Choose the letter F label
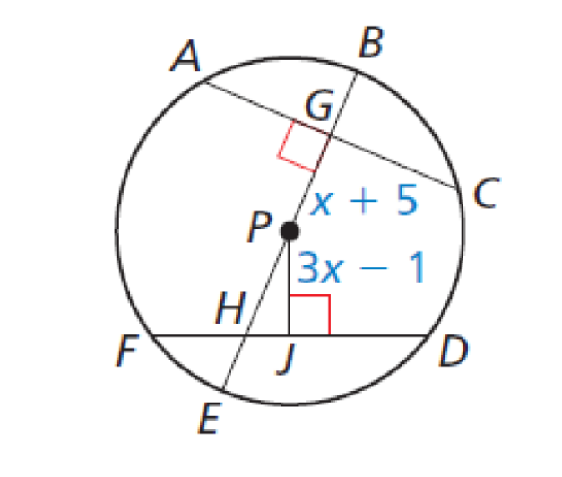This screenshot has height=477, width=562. (x=125, y=352)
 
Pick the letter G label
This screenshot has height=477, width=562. (x=318, y=109)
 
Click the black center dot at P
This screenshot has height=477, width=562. (x=289, y=232)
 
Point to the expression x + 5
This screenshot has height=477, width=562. (x=365, y=203)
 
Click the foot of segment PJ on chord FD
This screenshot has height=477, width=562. (x=289, y=334)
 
